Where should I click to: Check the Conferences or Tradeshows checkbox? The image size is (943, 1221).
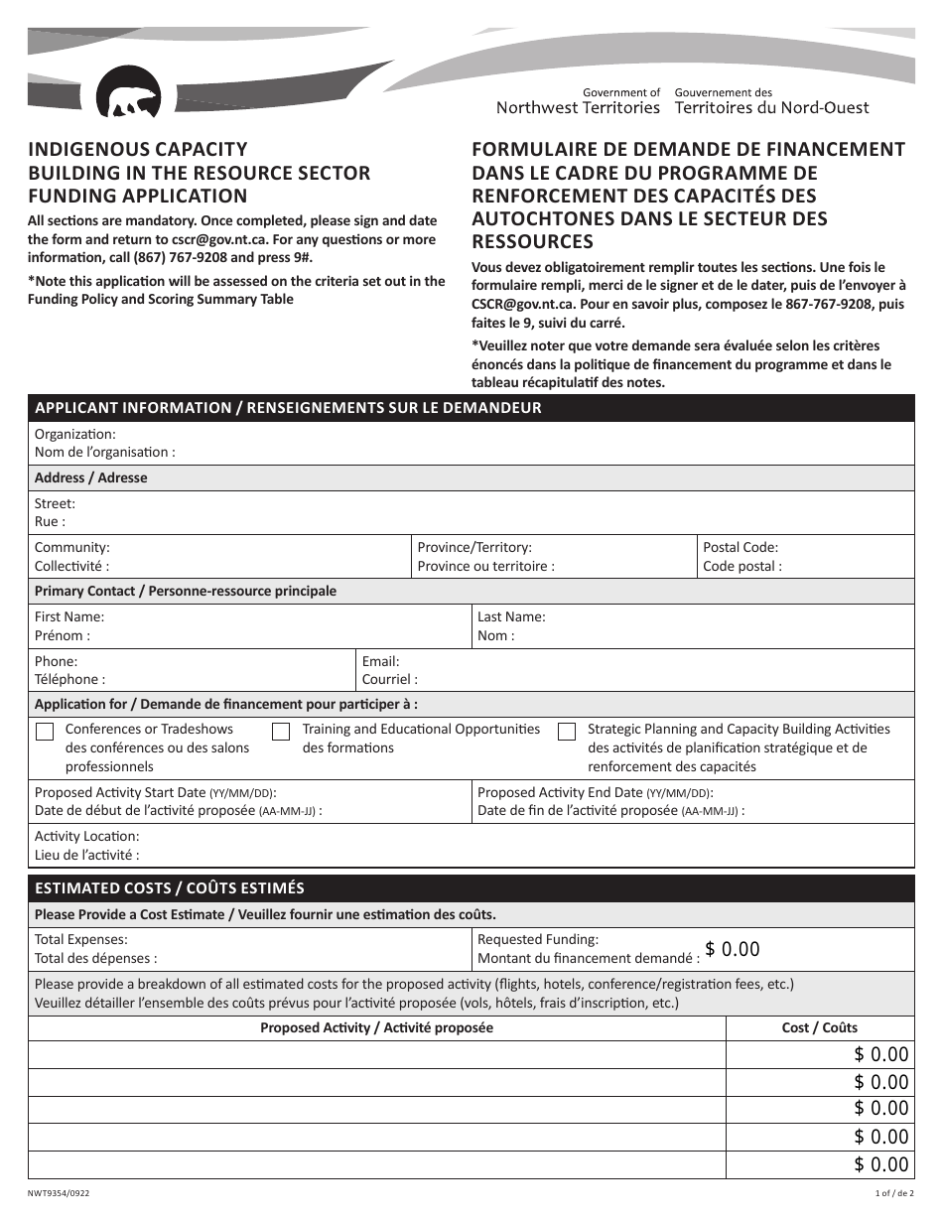pyautogui.click(x=45, y=733)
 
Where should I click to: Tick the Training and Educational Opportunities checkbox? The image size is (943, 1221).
pyautogui.click(x=281, y=733)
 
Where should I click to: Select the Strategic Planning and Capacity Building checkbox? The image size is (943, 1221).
pyautogui.click(x=567, y=733)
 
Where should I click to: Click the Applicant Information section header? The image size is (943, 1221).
pyautogui.click(x=288, y=408)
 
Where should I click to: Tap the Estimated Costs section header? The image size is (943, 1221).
pyautogui.click(x=170, y=888)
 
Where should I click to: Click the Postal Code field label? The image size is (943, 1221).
pyautogui.click(x=741, y=548)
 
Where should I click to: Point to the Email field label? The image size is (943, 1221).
pyautogui.click(x=380, y=661)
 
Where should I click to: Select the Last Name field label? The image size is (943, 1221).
pyautogui.click(x=511, y=616)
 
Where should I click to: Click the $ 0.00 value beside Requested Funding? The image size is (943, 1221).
pyautogui.click(x=733, y=950)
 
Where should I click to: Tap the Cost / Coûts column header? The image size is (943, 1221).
pyautogui.click(x=819, y=1028)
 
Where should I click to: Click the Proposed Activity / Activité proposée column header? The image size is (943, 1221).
pyautogui.click(x=376, y=1028)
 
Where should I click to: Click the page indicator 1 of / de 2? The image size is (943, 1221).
pyautogui.click(x=894, y=1194)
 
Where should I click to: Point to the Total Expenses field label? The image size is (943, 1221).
pyautogui.click(x=81, y=939)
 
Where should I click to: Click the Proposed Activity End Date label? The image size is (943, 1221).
pyautogui.click(x=594, y=792)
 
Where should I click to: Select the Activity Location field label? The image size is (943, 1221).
pyautogui.click(x=87, y=836)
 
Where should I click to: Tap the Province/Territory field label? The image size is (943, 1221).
pyautogui.click(x=474, y=548)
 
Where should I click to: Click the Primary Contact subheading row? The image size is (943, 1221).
pyautogui.click(x=186, y=592)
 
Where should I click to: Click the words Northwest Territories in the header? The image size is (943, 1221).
pyautogui.click(x=578, y=108)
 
